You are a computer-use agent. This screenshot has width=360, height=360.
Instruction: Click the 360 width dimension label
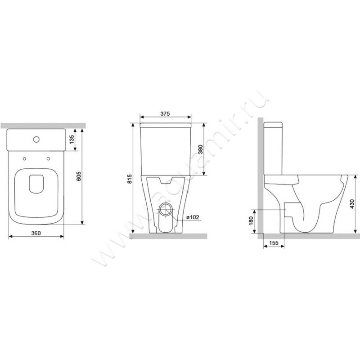point(36,233)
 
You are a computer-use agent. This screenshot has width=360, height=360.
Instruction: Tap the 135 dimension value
point(72,139)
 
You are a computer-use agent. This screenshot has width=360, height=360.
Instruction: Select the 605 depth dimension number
point(78,176)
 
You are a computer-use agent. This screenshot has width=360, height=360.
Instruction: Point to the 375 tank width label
point(165,113)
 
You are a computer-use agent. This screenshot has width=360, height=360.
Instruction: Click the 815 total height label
point(130,179)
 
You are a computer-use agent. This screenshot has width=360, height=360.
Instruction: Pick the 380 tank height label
point(200,149)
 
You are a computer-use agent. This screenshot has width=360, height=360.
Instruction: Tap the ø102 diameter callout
point(193,217)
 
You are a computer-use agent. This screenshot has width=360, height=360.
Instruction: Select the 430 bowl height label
point(352,204)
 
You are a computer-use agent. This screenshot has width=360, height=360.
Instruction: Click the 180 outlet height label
point(251,221)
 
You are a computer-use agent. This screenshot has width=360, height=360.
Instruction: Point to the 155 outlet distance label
point(274,243)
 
